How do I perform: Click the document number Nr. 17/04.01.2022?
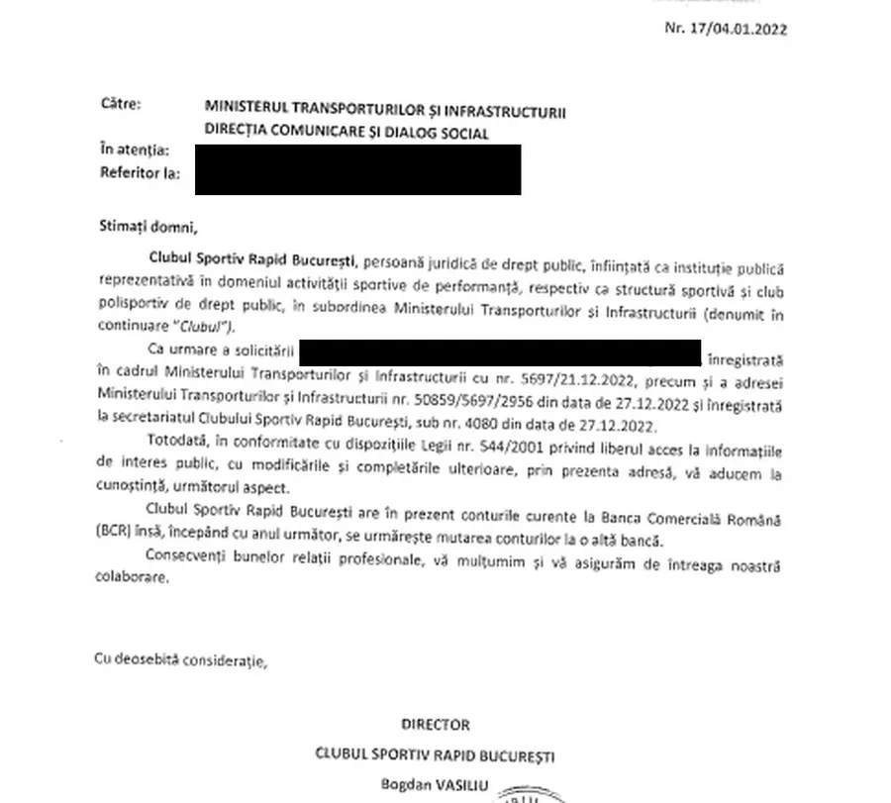tap(726, 29)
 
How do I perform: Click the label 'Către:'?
tap(121, 103)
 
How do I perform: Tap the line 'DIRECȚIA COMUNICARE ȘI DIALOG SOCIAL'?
tap(346, 133)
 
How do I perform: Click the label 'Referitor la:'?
tap(140, 172)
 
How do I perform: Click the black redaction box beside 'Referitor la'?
tap(357, 168)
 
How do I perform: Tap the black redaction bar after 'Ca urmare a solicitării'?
tap(500, 351)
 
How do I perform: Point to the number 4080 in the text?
tap(488, 426)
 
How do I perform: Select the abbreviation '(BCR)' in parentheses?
tap(117, 541)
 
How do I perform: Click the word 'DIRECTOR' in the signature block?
tap(435, 726)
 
